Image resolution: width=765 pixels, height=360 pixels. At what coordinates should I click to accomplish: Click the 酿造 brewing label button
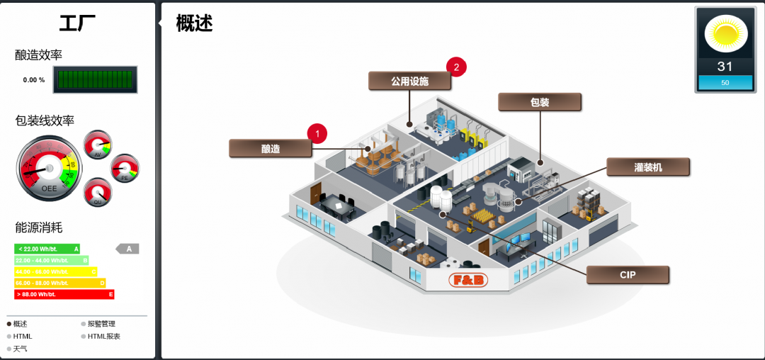click(x=271, y=148)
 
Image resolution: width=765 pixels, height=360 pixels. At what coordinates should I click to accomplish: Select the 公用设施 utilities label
click(x=409, y=81)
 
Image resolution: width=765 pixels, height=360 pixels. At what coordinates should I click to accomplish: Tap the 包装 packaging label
click(x=540, y=102)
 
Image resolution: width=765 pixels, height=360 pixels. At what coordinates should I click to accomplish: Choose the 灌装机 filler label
click(x=647, y=167)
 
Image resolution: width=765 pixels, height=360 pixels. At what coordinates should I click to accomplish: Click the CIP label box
click(x=628, y=275)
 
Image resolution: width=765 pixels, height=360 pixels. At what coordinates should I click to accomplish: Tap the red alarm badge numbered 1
click(x=317, y=133)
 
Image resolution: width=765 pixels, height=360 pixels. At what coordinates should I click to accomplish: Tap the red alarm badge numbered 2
click(x=456, y=68)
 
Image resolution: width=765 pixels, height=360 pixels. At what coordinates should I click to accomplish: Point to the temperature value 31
click(x=725, y=67)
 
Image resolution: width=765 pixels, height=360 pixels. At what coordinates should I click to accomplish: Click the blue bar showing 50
click(x=725, y=83)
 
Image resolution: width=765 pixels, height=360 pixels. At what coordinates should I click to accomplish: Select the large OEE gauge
click(x=49, y=169)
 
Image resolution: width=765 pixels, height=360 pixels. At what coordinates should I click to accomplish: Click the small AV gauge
click(x=98, y=145)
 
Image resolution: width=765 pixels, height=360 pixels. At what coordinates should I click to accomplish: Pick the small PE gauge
click(x=125, y=168)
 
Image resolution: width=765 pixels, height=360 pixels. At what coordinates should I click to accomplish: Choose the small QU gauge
click(x=98, y=191)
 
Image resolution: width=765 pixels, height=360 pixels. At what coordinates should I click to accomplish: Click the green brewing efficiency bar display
click(x=95, y=79)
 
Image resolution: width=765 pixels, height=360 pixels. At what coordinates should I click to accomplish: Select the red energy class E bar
click(x=64, y=294)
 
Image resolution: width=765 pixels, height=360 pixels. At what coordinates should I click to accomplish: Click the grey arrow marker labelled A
click(x=127, y=249)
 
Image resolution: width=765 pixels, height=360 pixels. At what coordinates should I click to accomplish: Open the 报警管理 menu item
click(x=101, y=324)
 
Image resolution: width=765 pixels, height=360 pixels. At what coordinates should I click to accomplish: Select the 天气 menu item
click(x=20, y=349)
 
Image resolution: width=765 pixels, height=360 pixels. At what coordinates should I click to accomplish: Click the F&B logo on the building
click(x=468, y=281)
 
